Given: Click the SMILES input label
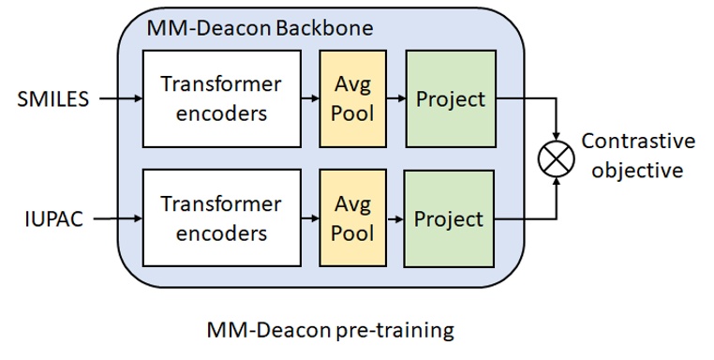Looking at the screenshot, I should tap(52, 98).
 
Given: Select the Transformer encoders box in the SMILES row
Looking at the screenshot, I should tap(221, 98).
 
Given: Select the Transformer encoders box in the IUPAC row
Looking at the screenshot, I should tap(221, 218).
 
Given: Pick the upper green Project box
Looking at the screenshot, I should tap(449, 98).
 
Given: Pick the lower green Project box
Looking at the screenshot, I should tap(449, 218).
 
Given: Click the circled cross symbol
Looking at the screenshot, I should tap(558, 157).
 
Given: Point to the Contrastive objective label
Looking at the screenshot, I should tap(638, 156).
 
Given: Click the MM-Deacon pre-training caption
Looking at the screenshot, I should tap(329, 331).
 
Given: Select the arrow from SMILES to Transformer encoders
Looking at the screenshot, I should tap(117, 97).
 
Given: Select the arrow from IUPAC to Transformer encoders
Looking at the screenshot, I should tap(117, 219).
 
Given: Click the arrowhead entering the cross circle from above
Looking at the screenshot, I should tap(558, 136).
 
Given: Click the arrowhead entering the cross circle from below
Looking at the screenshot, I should tap(558, 180).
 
